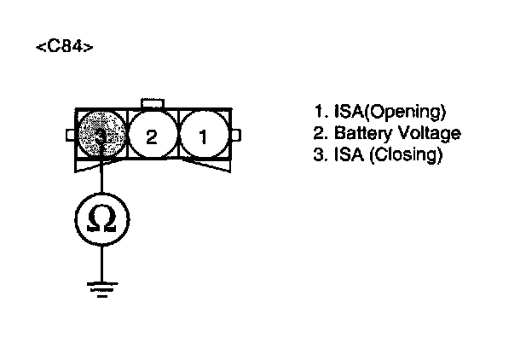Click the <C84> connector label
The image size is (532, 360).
[65, 45]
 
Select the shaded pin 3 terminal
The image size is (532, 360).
[101, 135]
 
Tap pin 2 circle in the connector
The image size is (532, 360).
[152, 136]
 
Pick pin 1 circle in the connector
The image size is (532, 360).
[203, 136]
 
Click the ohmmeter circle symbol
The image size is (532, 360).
[101, 219]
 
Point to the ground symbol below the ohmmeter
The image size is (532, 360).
[101, 287]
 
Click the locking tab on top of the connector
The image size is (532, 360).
[152, 102]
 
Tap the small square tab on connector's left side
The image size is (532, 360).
[71, 135]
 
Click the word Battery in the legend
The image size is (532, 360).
[358, 134]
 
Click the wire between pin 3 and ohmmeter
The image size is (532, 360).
[101, 179]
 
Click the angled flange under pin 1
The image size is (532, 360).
[210, 166]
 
